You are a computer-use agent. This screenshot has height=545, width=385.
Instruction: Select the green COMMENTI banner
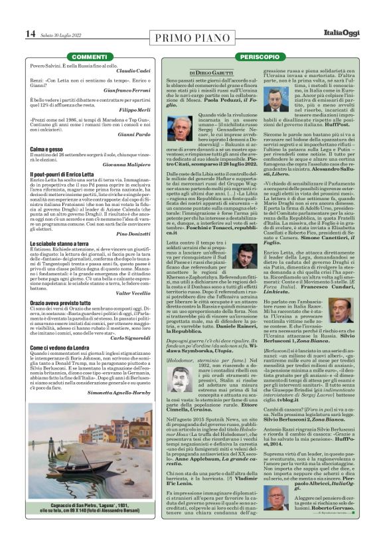click(x=88, y=57)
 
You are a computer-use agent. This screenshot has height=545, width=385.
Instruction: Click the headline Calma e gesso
click(x=46, y=150)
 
